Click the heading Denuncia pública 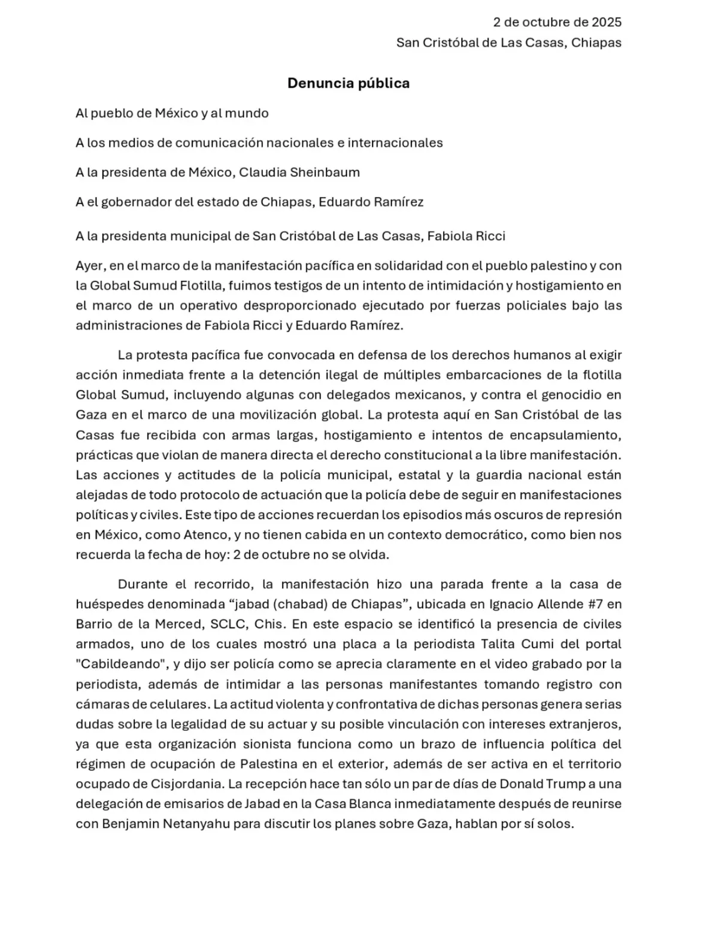[x=349, y=83]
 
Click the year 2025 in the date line [x=607, y=23]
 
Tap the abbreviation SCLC [x=228, y=624]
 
